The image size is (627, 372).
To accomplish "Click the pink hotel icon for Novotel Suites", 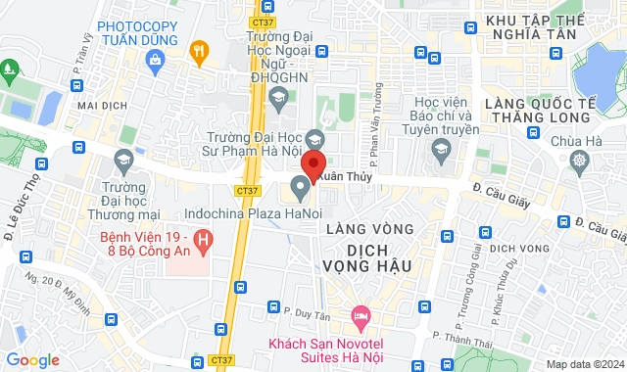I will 360,315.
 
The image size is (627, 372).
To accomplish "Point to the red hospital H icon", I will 203,237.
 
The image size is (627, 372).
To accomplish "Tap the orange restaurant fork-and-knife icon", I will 200,51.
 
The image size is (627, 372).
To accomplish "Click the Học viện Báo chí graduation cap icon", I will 440,148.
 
